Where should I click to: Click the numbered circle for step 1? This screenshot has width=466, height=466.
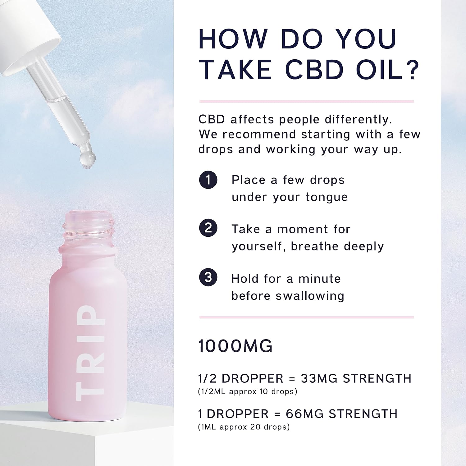208,180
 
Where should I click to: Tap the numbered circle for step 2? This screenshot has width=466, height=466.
208,228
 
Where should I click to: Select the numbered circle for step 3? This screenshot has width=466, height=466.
208,277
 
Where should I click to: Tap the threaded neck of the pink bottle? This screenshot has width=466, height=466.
89,230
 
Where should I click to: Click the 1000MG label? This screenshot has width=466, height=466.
235,346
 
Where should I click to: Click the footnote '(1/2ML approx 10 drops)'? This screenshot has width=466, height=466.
248,392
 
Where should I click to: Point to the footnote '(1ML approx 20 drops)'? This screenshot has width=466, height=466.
244,427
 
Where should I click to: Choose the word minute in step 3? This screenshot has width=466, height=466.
319,279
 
